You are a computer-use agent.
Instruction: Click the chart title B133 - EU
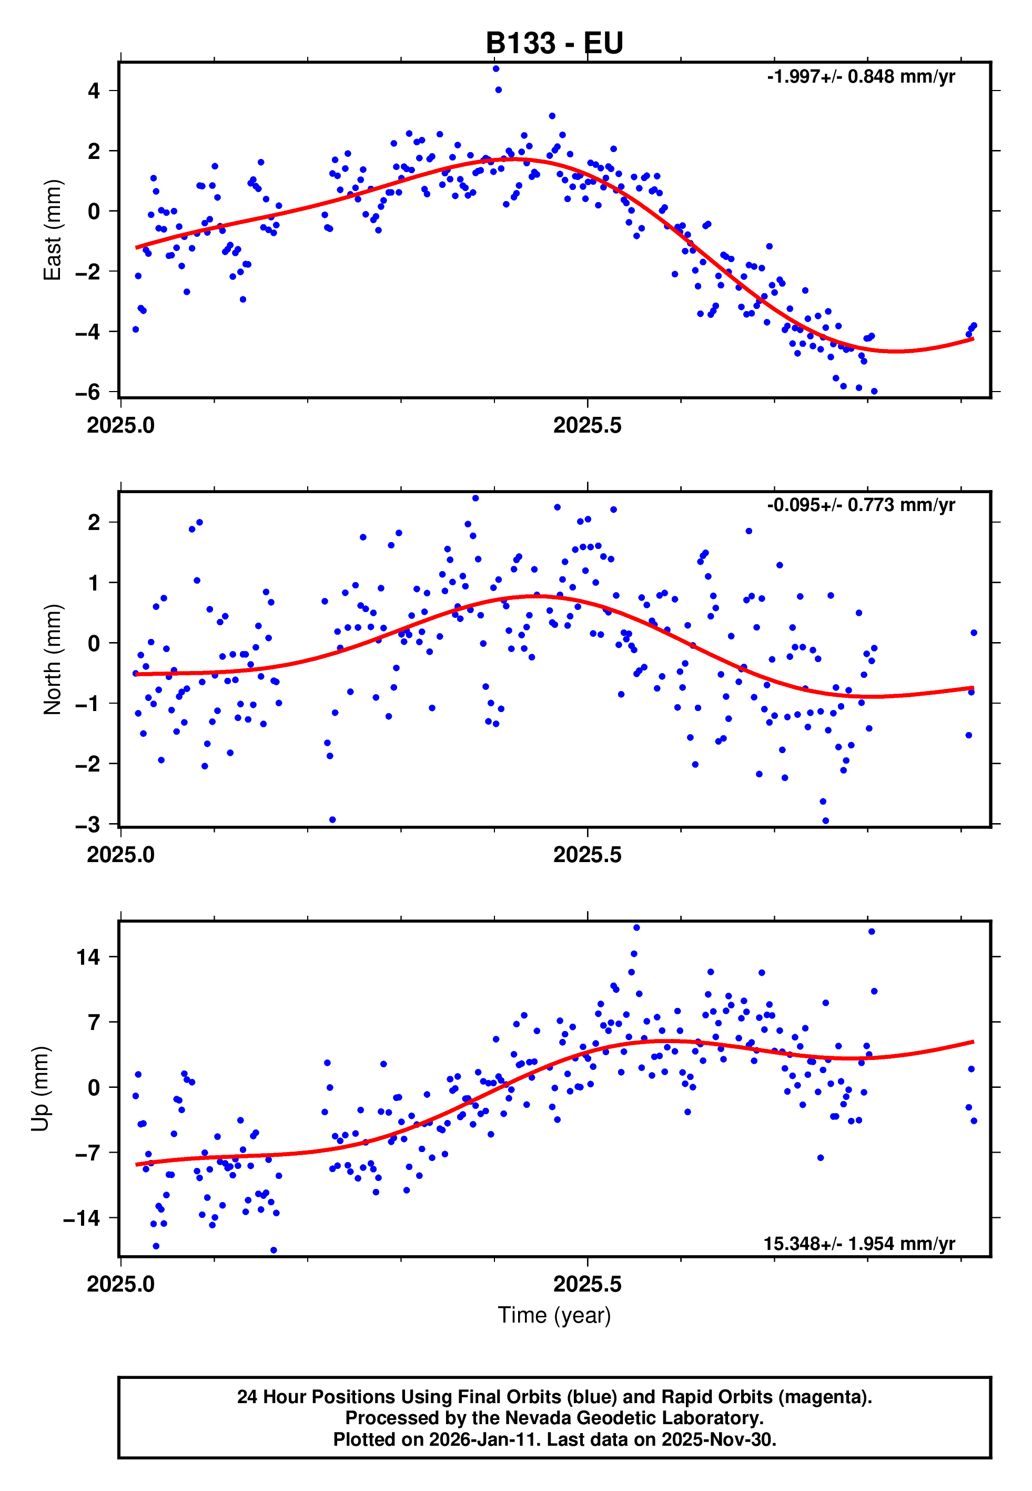tap(554, 43)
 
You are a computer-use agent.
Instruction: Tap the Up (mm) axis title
tap(40, 1089)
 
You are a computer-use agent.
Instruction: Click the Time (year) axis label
tap(554, 1315)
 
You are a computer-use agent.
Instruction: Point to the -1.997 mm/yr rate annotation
tap(861, 77)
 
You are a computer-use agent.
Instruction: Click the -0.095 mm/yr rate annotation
tap(861, 505)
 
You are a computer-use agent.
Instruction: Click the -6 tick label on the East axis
tap(88, 392)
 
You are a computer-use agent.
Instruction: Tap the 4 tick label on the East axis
tap(94, 91)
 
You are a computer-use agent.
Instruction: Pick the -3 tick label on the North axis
tap(88, 825)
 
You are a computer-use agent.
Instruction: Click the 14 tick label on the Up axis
tap(88, 957)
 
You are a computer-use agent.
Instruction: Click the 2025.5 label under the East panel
tap(587, 426)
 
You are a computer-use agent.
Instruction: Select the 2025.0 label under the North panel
tap(121, 855)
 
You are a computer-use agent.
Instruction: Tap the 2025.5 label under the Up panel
tap(587, 1285)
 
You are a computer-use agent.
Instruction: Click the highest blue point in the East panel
tap(496, 68)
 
